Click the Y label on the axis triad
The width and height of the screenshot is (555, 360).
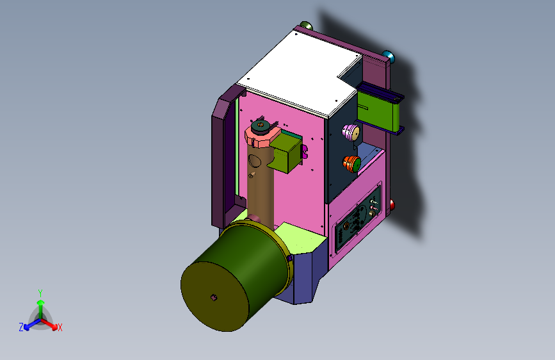coord(40,293)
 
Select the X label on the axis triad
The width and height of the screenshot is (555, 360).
coord(60,327)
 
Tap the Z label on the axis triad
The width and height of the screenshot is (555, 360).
coord(21,327)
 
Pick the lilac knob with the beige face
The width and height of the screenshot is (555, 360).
coord(350,132)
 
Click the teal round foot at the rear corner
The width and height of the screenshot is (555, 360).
coord(388,56)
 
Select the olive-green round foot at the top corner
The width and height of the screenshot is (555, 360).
coord(306,26)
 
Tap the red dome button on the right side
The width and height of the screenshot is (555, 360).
coord(392,205)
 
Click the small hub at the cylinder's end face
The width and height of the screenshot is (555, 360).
coord(213,297)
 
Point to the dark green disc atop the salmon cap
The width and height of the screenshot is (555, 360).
coord(261,126)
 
